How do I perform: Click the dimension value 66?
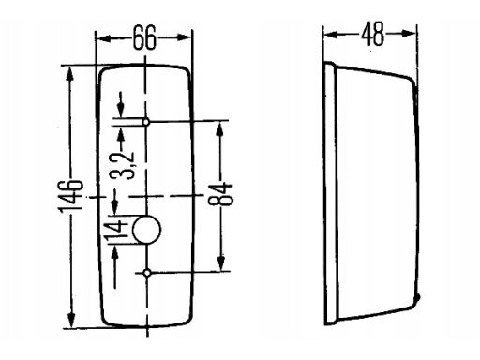point(144,38)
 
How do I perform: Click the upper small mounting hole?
point(147,122)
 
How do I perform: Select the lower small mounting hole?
point(148,273)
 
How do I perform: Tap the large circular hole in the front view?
point(147,229)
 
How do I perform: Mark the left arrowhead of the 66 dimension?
point(102,38)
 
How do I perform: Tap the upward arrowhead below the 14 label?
point(114,255)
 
